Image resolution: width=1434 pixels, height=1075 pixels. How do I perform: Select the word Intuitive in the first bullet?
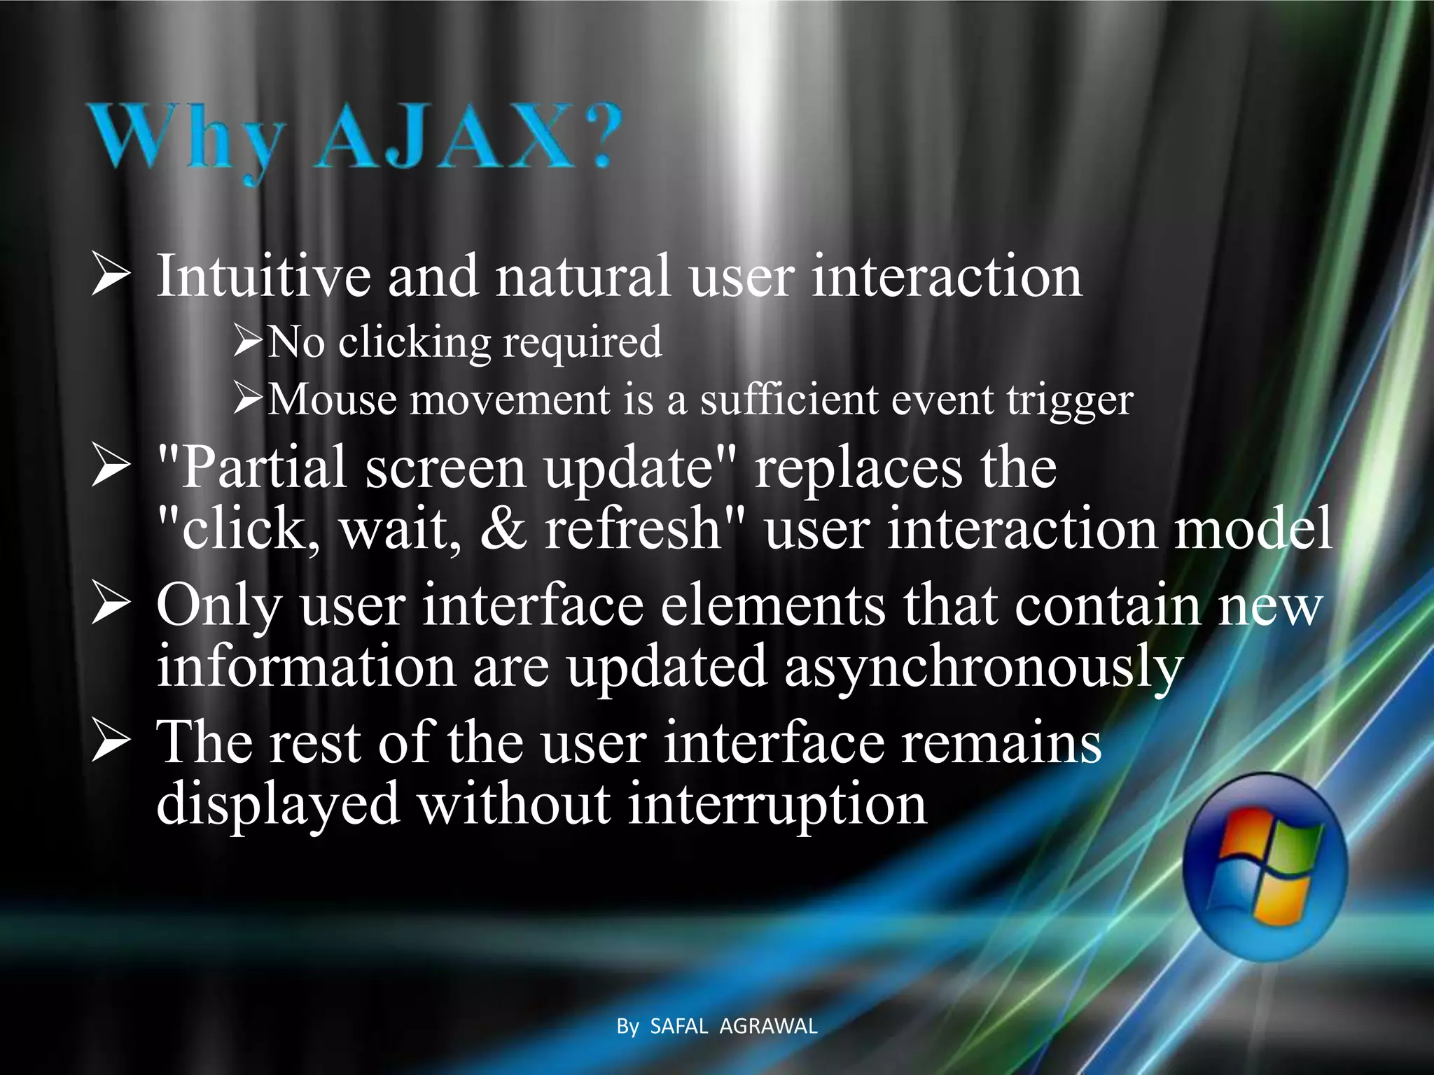pyautogui.click(x=263, y=276)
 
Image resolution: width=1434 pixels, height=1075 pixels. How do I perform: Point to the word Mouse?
pyautogui.click(x=332, y=400)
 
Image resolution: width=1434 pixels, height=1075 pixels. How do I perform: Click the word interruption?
pyautogui.click(x=777, y=804)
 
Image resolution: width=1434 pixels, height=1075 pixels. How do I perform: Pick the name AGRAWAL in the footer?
pyautogui.click(x=768, y=1026)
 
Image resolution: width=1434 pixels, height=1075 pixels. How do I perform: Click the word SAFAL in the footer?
pyautogui.click(x=679, y=1026)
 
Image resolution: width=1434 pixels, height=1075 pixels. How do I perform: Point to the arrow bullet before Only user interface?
pyautogui.click(x=110, y=605)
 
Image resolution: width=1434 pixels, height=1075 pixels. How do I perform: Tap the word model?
pyautogui.click(x=1253, y=528)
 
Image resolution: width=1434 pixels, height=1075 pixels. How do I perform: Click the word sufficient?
pyautogui.click(x=790, y=400)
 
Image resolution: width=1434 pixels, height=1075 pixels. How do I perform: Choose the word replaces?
pyautogui.click(x=858, y=468)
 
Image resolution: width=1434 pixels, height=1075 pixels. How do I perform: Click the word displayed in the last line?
pyautogui.click(x=278, y=804)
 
